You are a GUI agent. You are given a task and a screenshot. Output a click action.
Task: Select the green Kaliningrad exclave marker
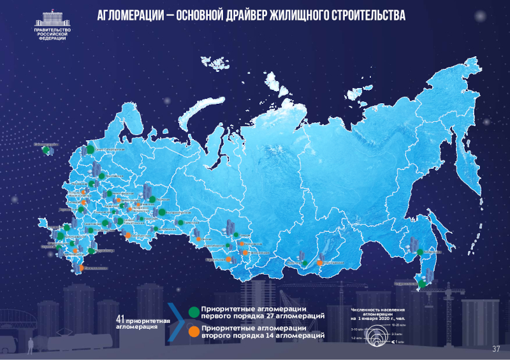(46, 151)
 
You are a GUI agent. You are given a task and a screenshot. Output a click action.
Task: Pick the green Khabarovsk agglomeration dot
(420, 252)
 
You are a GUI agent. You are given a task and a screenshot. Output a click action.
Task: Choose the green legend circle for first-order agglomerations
(194, 312)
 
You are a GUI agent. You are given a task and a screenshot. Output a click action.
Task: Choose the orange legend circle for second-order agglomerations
(194, 330)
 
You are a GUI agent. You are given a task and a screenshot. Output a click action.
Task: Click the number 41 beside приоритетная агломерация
(120, 318)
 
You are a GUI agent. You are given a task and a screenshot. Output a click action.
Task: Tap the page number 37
(496, 349)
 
